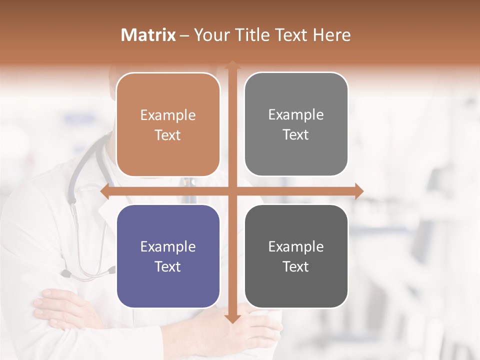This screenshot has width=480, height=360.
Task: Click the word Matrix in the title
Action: tap(148, 35)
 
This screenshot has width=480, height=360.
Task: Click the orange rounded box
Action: tap(168, 124)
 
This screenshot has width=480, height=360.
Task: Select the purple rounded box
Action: tap(168, 256)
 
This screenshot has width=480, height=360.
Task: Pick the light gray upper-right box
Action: tap(296, 124)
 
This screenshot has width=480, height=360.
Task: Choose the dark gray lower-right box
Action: tap(296, 256)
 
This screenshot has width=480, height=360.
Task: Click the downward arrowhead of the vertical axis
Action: tap(232, 318)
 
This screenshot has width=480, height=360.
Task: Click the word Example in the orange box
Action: tap(168, 115)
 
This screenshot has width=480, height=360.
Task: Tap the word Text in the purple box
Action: tap(168, 266)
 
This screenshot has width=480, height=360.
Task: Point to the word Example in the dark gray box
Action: tap(296, 246)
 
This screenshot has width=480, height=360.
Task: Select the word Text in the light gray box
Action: tap(296, 134)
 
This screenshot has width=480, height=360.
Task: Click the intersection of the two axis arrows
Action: tap(232, 191)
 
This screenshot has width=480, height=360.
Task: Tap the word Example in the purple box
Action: tap(168, 246)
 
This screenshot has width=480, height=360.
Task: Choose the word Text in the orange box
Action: tap(168, 135)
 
